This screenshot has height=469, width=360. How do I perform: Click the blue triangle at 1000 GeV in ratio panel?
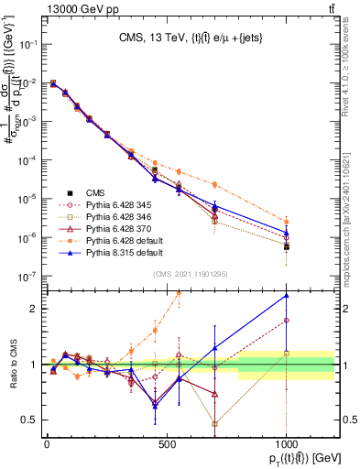click(x=287, y=296)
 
